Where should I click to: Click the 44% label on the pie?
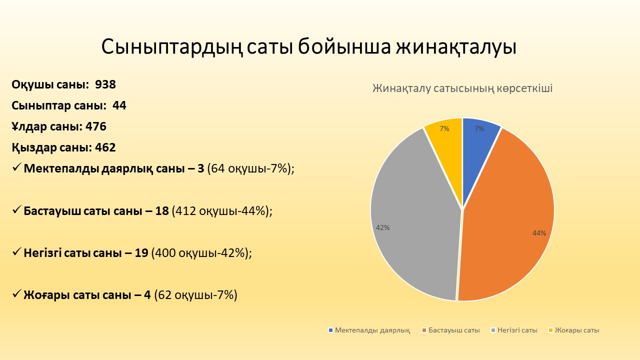point(539,233)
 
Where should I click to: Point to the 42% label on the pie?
point(383,227)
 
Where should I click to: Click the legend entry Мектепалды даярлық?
point(369,330)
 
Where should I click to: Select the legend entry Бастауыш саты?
point(451,330)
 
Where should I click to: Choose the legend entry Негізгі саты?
point(514,330)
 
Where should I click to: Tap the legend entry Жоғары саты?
point(574,330)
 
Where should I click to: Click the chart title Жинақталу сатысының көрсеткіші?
point(462,88)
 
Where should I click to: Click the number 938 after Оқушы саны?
point(105,84)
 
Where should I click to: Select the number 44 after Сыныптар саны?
point(119,105)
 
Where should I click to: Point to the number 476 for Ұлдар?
point(96,126)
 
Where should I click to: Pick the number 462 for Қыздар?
point(105,147)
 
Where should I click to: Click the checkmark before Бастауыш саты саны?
point(16,210)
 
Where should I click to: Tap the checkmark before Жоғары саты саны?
point(16,294)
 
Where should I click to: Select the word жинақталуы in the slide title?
point(456,47)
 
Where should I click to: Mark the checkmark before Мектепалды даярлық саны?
point(16,167)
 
